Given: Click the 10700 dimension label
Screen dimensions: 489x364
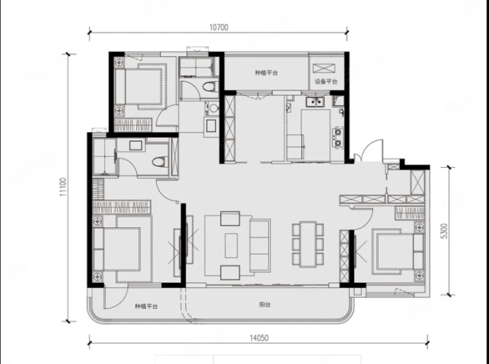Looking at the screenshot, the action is pyautogui.click(x=219, y=28).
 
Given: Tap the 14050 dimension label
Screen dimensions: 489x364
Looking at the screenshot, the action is pyautogui.click(x=259, y=338).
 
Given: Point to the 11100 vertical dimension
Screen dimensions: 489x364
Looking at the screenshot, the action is pyautogui.click(x=63, y=187).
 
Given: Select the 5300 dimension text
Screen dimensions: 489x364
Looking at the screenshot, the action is pyautogui.click(x=444, y=231).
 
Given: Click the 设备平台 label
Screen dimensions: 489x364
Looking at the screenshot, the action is pyautogui.click(x=326, y=82).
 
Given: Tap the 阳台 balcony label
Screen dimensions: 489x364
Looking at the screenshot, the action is pyautogui.click(x=265, y=305).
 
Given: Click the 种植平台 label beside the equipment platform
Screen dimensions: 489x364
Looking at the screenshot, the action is pyautogui.click(x=266, y=73).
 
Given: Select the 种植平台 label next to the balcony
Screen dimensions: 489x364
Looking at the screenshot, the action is pyautogui.click(x=146, y=307).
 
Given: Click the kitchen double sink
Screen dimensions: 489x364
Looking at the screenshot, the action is pyautogui.click(x=315, y=102).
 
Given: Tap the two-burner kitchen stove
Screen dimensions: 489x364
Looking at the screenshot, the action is pyautogui.click(x=338, y=137).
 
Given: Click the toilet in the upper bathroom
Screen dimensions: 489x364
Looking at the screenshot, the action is pyautogui.click(x=210, y=87).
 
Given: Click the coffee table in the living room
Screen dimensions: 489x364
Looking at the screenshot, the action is pyautogui.click(x=231, y=246).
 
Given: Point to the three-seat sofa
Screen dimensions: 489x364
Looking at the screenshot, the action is pyautogui.click(x=260, y=245).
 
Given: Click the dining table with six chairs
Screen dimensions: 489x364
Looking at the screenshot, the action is pyautogui.click(x=308, y=244).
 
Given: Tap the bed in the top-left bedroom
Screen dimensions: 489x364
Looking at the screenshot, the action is pyautogui.click(x=141, y=87).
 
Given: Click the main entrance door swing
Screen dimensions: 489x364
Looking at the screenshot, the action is pyautogui.click(x=372, y=149).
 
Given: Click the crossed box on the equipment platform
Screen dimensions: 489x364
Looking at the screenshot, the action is pyautogui.click(x=324, y=68).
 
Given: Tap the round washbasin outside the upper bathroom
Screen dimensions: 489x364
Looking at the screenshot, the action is pyautogui.click(x=213, y=108).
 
